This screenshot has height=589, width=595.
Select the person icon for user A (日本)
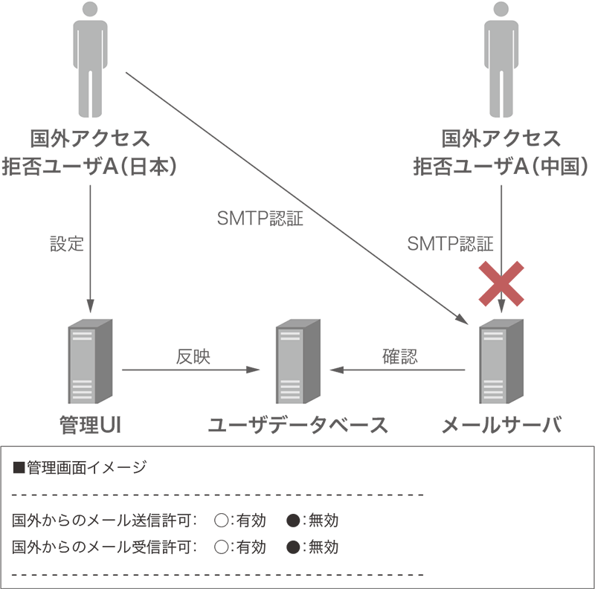(90, 59)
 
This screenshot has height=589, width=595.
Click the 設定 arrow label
(67, 243)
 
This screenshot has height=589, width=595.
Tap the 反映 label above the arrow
(193, 356)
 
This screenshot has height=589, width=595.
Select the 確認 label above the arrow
(400, 356)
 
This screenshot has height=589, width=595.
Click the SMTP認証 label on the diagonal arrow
(260, 220)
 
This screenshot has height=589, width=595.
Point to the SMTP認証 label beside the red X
(451, 243)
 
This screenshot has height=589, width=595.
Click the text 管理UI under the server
(90, 425)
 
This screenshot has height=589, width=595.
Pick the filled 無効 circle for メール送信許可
(293, 520)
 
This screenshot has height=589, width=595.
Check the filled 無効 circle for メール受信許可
(293, 547)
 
